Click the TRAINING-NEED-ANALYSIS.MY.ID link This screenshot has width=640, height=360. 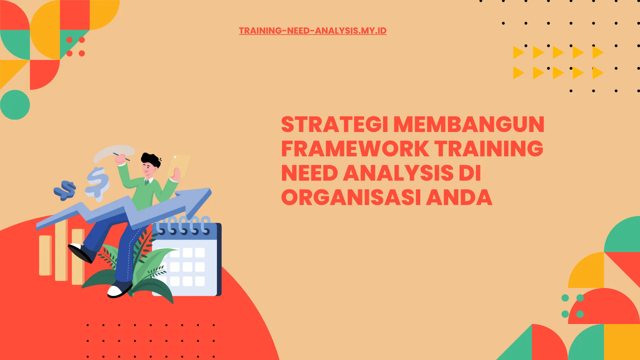click(x=312, y=31)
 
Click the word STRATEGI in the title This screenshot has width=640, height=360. click(x=334, y=125)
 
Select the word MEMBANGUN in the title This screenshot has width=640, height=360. click(x=469, y=125)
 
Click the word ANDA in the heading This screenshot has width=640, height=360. click(x=459, y=198)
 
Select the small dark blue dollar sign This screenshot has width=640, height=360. click(x=65, y=190)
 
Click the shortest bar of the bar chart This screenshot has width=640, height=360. click(x=45, y=255)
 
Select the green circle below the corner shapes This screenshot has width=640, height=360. click(x=15, y=105)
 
